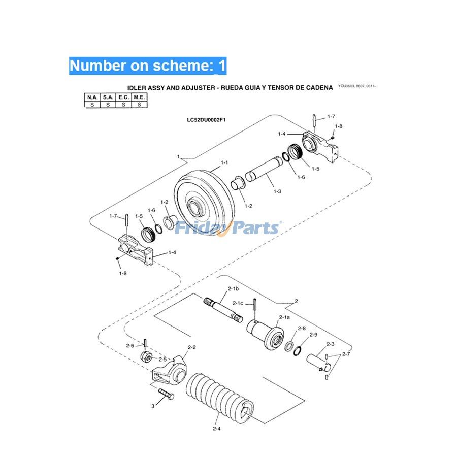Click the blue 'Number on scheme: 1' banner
148,66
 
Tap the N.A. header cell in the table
92,96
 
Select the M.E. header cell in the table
139,96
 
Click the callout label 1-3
277,191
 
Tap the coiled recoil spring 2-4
218,399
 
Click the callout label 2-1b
233,288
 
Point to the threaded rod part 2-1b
224,310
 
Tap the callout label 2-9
313,335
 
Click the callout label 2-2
192,347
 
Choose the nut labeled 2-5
145,356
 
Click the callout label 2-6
130,346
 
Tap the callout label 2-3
330,344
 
